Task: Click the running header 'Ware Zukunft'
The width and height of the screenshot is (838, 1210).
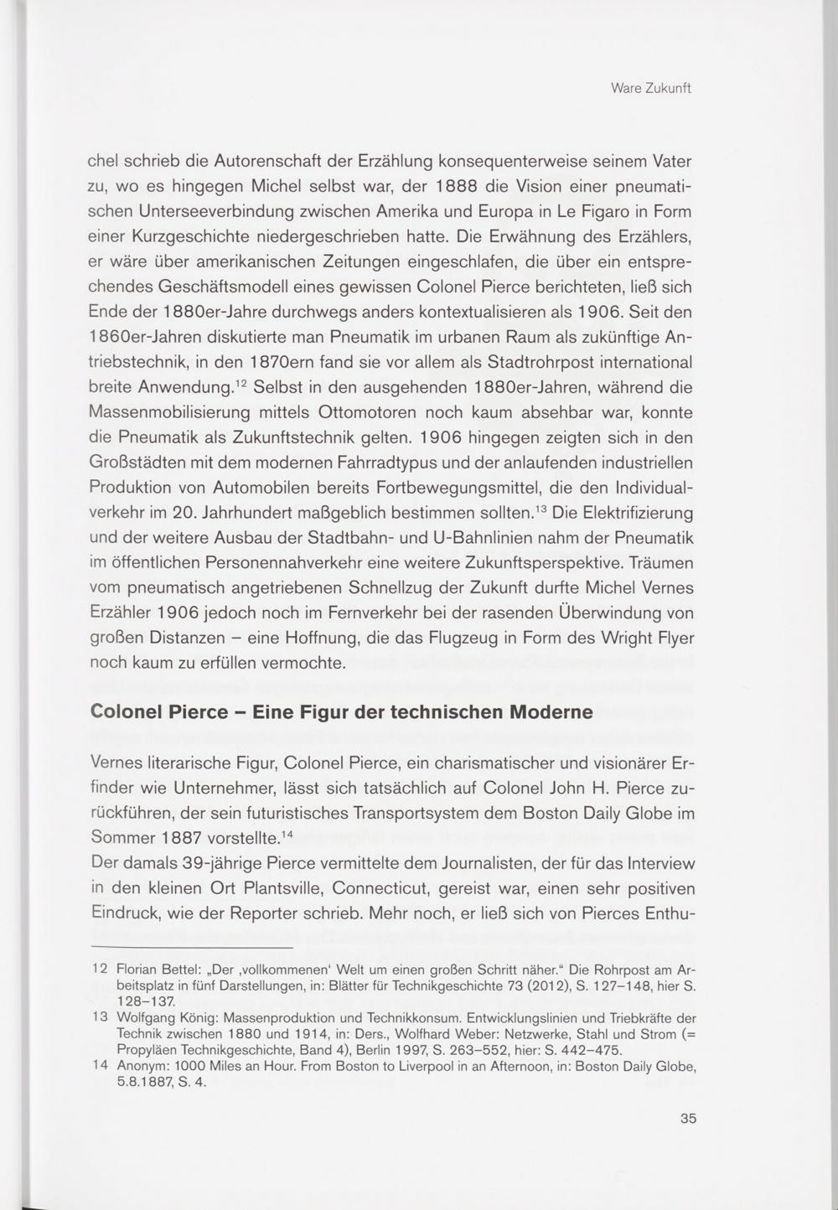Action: pos(650,89)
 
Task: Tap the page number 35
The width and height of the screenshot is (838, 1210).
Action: pos(688,1118)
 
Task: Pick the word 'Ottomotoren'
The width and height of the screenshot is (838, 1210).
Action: pos(362,412)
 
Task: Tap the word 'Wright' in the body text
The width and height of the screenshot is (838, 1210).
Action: pos(630,639)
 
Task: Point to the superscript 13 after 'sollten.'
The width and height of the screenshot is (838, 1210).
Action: pos(542,507)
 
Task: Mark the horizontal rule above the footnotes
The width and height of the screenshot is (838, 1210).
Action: pos(192,947)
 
